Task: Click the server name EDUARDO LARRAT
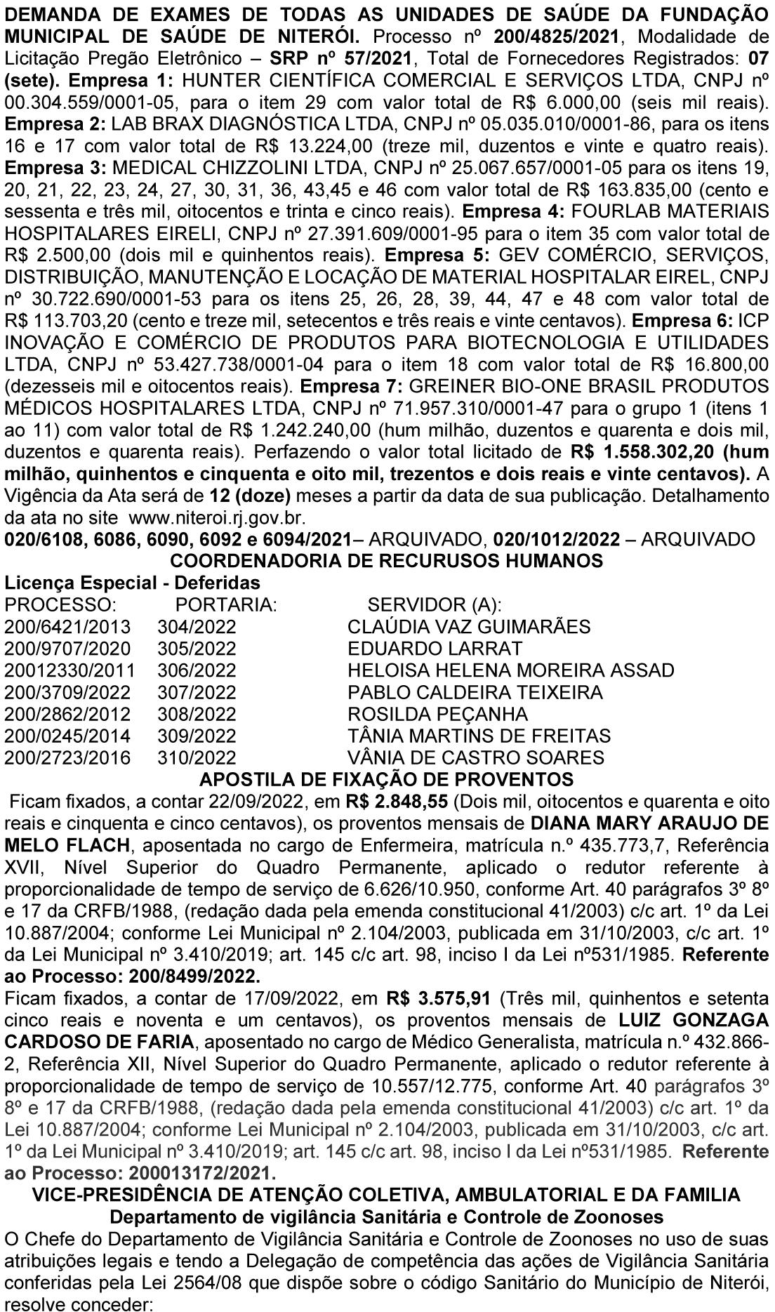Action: [435, 648]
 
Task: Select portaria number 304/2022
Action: [197, 626]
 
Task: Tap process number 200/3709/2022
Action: [67, 692]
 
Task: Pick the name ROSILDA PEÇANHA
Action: [437, 714]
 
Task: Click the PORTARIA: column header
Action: [226, 604]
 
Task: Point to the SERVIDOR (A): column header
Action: [435, 604]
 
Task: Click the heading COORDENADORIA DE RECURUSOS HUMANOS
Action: [387, 560]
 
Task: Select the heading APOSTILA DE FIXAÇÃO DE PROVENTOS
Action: [387, 779]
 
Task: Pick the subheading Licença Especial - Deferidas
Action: [132, 583]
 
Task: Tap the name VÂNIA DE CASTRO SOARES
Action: [475, 757]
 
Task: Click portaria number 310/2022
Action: [197, 757]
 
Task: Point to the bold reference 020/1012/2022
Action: [557, 539]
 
